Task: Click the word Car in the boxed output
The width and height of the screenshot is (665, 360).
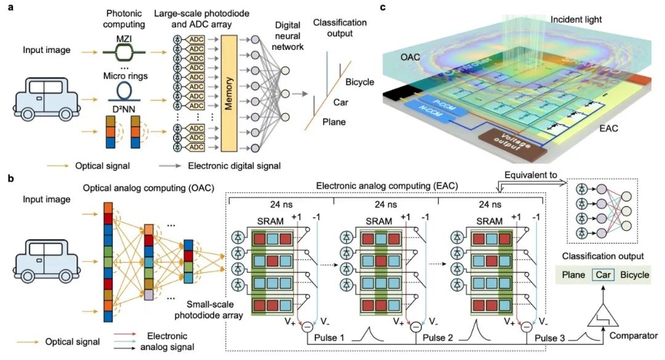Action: click(603, 274)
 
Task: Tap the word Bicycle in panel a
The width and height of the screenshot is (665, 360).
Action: click(360, 82)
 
